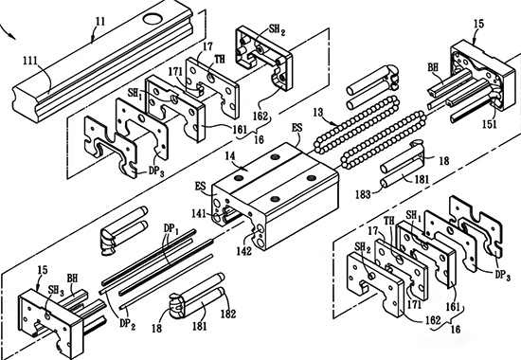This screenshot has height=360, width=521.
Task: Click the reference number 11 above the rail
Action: coord(100,22)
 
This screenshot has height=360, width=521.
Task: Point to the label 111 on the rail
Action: coord(30,61)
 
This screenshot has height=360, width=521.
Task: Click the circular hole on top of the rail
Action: coord(153,18)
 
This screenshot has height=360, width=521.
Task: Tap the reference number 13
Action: coord(318,113)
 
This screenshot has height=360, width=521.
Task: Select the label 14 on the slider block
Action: coord(230,155)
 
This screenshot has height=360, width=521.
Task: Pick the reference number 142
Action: coord(243,251)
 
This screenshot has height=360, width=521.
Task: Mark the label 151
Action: coord(490,124)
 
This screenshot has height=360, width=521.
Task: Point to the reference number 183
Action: coord(363,194)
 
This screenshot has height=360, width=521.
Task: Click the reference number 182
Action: coord(228,314)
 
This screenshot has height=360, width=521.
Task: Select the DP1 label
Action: coord(171,228)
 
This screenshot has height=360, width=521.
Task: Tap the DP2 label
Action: coord(128,324)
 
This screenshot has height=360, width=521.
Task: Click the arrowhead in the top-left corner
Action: coord(12,36)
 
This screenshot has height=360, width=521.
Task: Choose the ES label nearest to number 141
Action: coord(202,186)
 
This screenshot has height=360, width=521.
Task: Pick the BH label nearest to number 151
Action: coord(433,67)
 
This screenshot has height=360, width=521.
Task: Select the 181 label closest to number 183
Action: coord(422,179)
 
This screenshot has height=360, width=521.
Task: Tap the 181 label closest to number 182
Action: coord(200,326)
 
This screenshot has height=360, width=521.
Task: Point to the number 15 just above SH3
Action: coord(43,269)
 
